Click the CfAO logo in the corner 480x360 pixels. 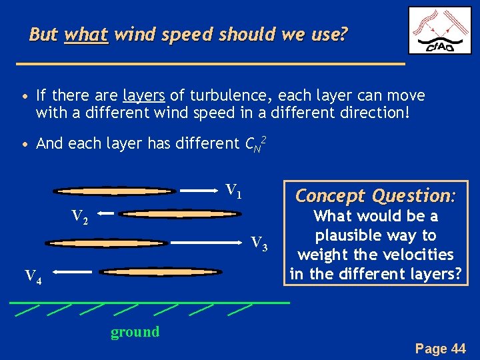439,31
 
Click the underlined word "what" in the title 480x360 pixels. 86,35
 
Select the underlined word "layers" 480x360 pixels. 143,95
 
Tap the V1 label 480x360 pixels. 233,191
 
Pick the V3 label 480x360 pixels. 259,244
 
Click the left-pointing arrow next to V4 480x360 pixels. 73,272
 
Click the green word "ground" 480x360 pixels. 135,332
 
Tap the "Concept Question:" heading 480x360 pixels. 375,195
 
